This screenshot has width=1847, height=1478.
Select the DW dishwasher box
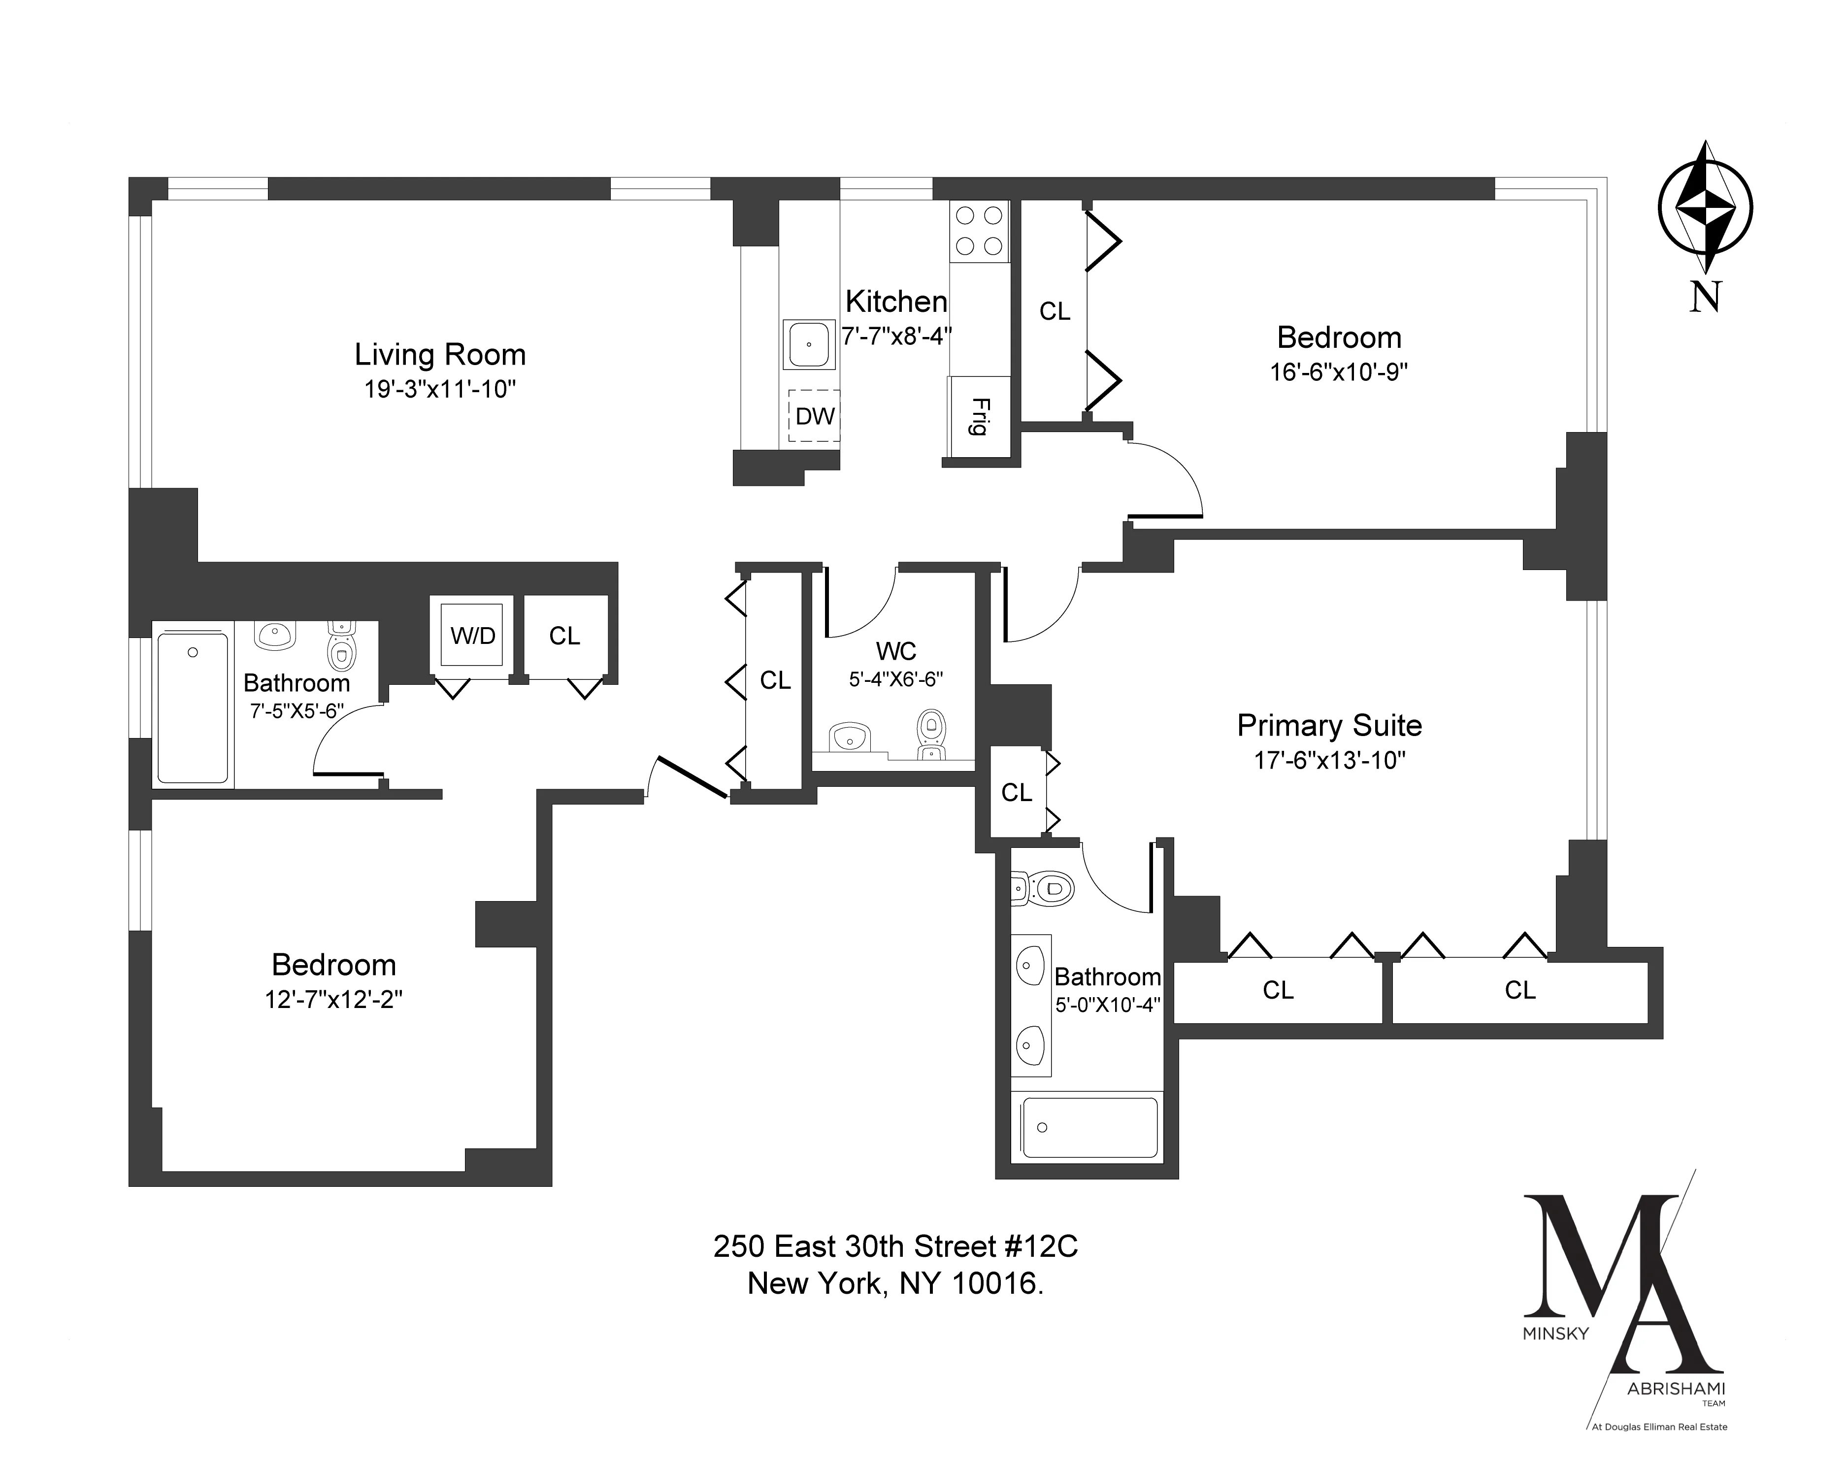(x=814, y=416)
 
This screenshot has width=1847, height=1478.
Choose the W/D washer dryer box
(x=473, y=636)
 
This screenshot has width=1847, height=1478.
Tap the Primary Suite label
(x=1329, y=726)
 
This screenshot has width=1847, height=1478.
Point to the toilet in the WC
(x=931, y=733)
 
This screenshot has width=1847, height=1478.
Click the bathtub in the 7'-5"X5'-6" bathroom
(x=193, y=707)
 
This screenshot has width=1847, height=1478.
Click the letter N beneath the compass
(x=1705, y=297)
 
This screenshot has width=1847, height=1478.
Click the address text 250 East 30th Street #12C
(x=895, y=1246)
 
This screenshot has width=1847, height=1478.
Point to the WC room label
(x=896, y=651)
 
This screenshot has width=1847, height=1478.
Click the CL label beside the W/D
(x=564, y=636)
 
